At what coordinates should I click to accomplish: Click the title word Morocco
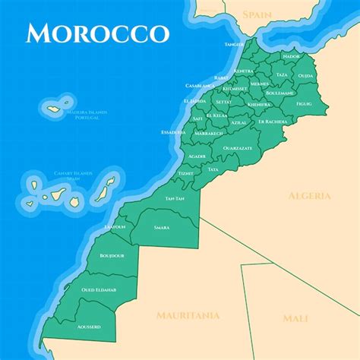point(96,33)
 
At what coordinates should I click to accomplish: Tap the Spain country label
point(257,14)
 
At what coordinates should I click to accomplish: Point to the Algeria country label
point(309,195)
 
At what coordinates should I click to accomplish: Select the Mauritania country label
point(188,314)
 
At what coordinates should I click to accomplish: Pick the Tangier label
point(234,44)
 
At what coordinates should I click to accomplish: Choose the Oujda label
point(305,75)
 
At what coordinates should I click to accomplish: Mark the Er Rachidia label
point(272,121)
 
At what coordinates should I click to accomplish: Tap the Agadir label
point(197,156)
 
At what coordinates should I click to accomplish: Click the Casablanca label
point(195,86)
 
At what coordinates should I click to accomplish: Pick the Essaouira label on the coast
point(173,132)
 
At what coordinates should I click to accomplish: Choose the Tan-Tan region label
point(175,198)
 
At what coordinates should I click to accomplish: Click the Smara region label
point(161,227)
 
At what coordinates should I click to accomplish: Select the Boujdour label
point(112,256)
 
